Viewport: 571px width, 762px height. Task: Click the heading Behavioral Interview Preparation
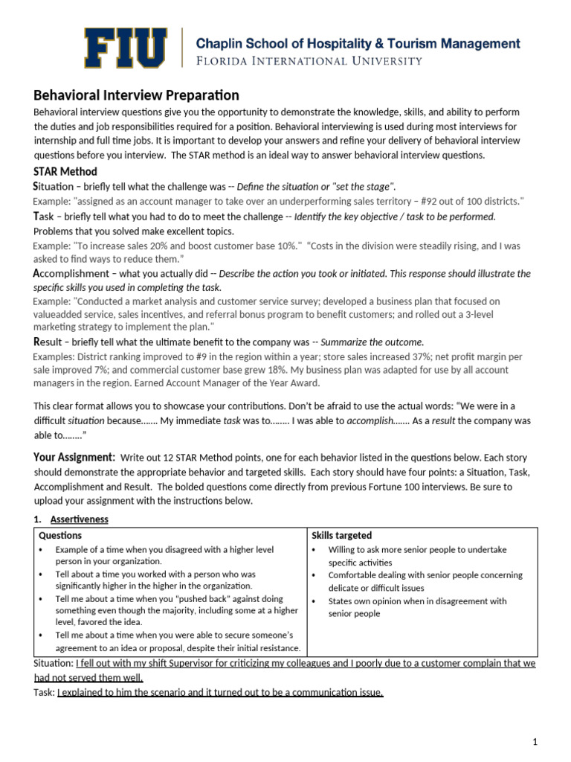(x=136, y=95)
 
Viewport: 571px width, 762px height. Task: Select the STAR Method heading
(x=65, y=171)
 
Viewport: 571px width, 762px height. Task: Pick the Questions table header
(x=60, y=535)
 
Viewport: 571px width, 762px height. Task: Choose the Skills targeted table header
(x=342, y=535)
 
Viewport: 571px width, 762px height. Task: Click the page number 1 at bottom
(x=535, y=742)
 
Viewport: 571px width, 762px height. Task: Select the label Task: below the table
(x=45, y=693)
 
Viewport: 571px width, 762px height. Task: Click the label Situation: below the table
(x=54, y=663)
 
